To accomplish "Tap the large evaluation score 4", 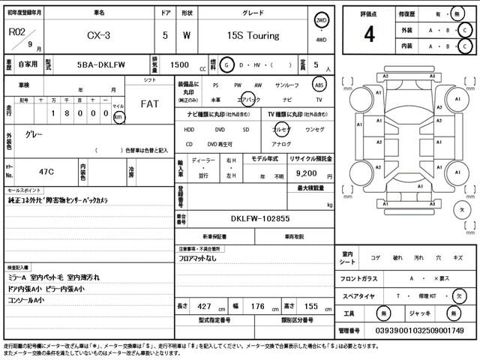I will [369, 34].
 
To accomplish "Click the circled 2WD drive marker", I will [321, 20].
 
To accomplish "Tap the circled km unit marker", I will [118, 116].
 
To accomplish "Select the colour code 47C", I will [36, 172].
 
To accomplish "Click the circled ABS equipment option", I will [319, 85].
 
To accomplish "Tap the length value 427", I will [204, 307].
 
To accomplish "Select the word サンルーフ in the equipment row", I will [287, 85].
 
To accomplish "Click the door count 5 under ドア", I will [165, 35].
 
